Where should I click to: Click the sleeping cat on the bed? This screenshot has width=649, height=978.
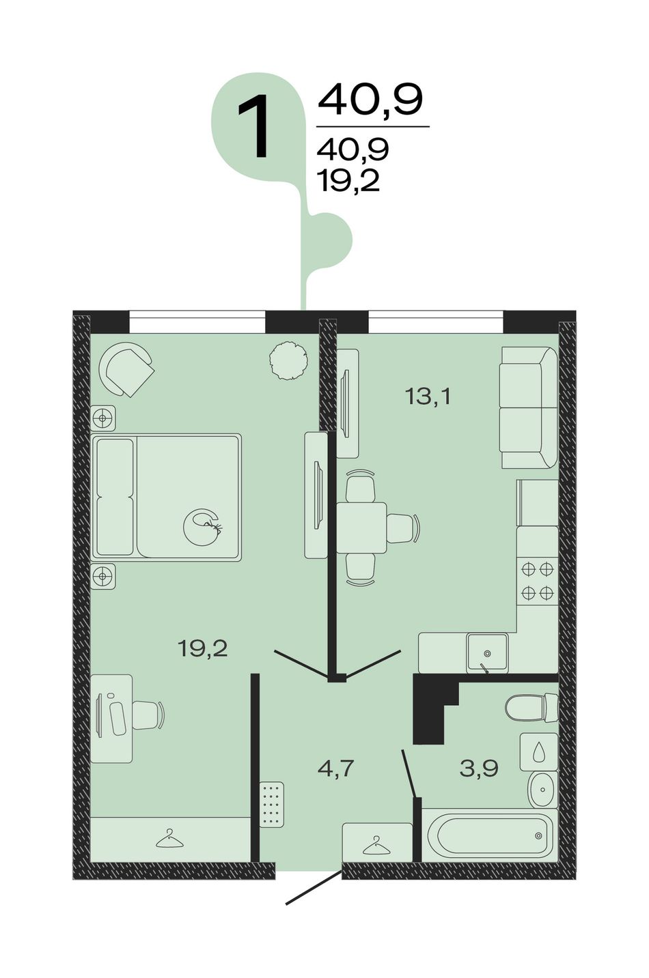[202, 527]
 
